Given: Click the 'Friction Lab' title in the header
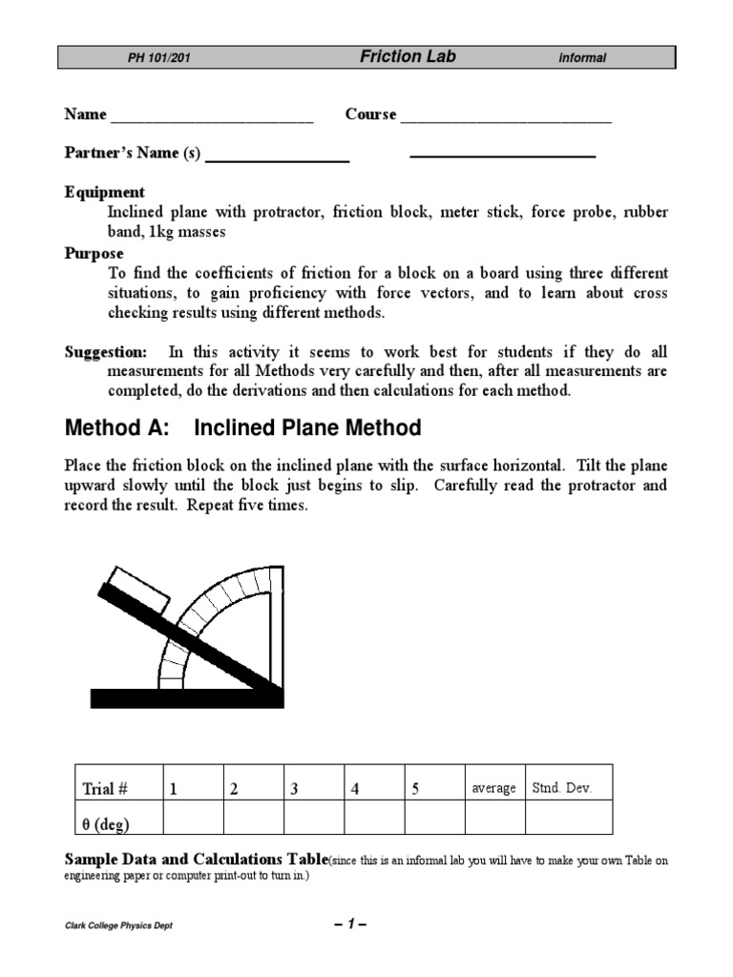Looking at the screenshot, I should pyautogui.click(x=408, y=57).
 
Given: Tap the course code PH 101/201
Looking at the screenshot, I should pyautogui.click(x=159, y=58).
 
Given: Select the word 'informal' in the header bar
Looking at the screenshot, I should pyautogui.click(x=582, y=58).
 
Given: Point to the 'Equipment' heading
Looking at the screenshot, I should pyautogui.click(x=105, y=192).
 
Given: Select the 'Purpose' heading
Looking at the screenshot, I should pyautogui.click(x=94, y=253).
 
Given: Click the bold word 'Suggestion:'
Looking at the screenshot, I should pyautogui.click(x=106, y=352).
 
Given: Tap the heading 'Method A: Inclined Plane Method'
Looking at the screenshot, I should pyautogui.click(x=242, y=427).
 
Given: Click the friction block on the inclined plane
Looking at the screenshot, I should pyautogui.click(x=138, y=589).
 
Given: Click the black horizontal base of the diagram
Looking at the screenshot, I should pyautogui.click(x=186, y=697).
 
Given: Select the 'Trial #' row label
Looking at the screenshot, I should pyautogui.click(x=106, y=788).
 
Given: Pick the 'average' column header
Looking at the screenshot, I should pyautogui.click(x=493, y=788).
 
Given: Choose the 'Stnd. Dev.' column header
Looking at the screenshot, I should pyautogui.click(x=562, y=788).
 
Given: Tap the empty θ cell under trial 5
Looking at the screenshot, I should pyautogui.click(x=434, y=819).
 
